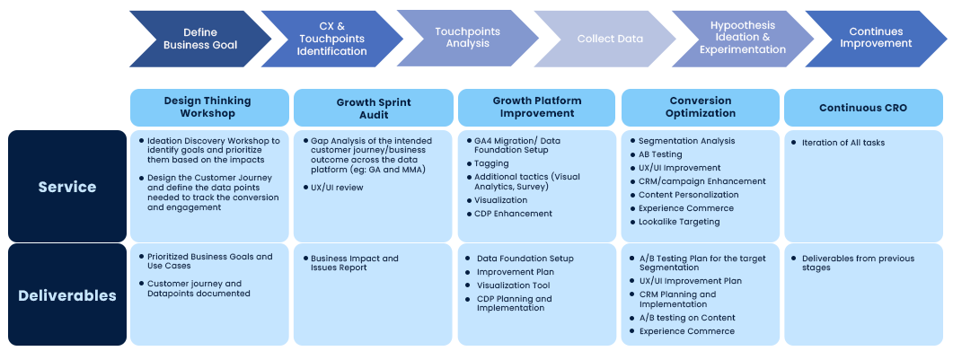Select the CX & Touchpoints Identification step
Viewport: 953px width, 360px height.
point(331,39)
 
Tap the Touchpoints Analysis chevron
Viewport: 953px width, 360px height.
point(467,38)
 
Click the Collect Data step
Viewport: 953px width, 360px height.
point(609,39)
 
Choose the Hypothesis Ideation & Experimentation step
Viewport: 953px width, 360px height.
point(742,38)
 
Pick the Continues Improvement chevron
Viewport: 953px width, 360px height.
point(875,38)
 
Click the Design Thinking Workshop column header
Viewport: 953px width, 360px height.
point(207,107)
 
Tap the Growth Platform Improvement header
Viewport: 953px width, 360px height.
point(537,107)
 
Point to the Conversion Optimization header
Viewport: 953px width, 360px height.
point(701,107)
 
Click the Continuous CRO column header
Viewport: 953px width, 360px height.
point(863,108)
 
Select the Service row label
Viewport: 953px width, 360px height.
point(67,187)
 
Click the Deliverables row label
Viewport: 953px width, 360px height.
point(67,295)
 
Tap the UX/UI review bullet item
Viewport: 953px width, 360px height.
point(338,187)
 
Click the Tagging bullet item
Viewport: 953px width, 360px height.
point(492,164)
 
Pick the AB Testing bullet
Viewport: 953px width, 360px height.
point(659,154)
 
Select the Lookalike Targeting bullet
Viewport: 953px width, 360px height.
point(678,222)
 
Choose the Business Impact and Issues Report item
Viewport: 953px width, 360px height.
point(354,263)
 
